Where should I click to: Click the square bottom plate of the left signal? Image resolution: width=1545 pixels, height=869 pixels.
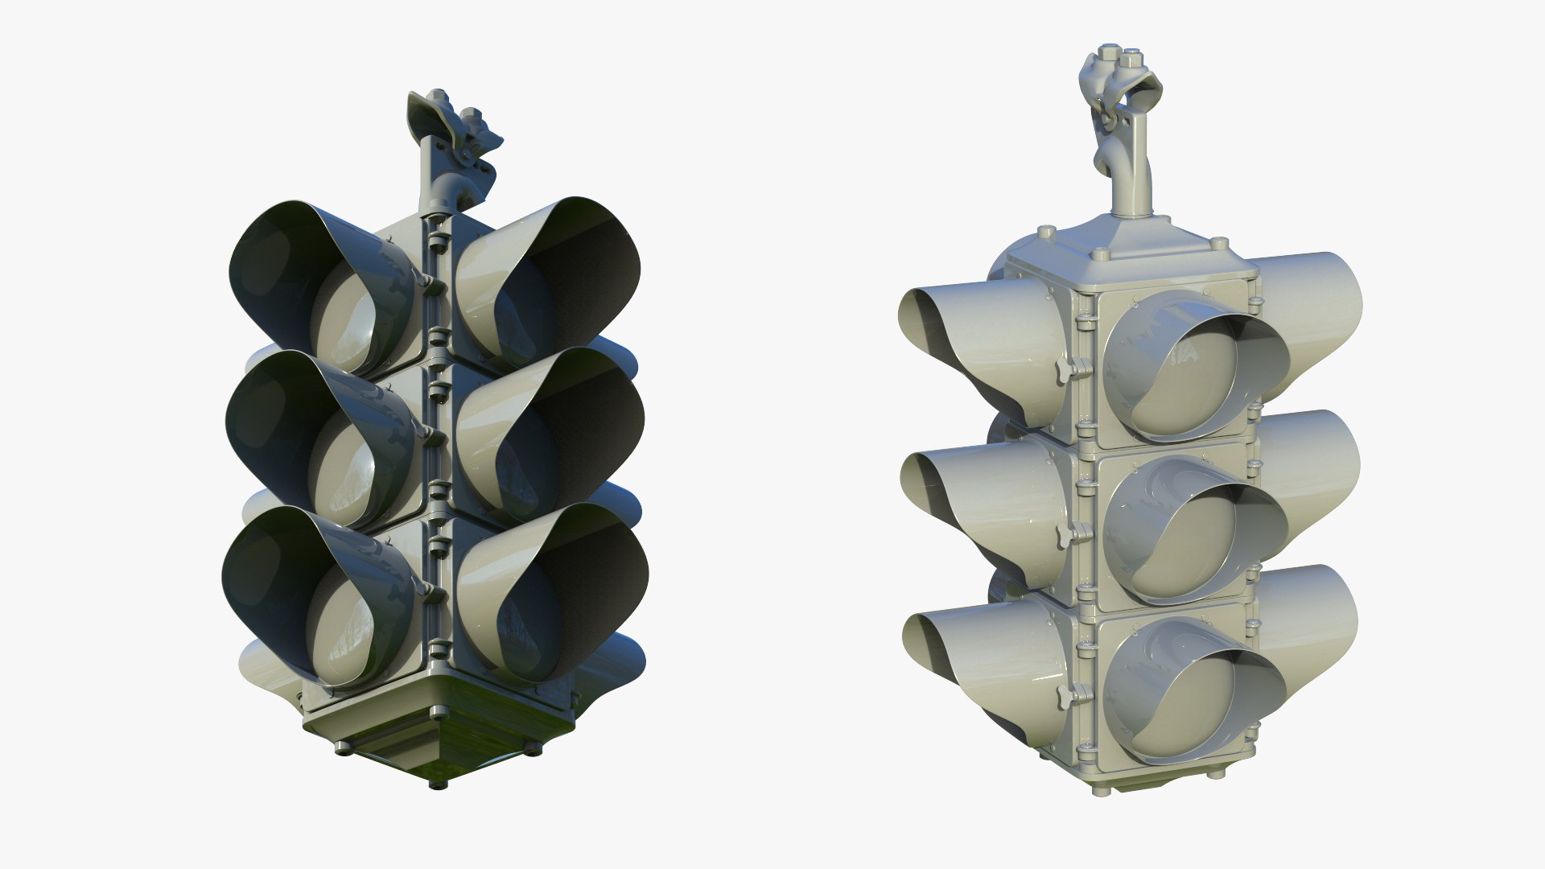click(439, 728)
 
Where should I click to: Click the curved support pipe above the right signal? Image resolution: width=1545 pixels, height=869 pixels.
click(1127, 177)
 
